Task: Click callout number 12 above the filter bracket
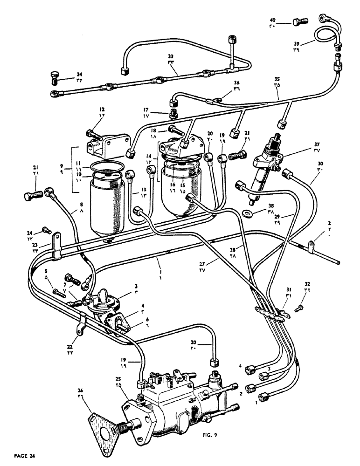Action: (102, 110)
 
